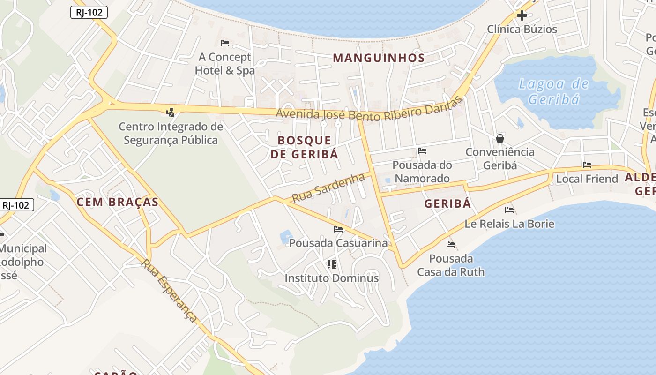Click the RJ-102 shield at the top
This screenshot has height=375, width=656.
(89, 12)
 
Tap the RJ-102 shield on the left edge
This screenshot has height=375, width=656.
(16, 205)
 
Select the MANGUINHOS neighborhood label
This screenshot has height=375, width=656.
(379, 58)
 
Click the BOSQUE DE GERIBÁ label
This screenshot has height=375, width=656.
(304, 147)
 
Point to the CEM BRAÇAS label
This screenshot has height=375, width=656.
(117, 202)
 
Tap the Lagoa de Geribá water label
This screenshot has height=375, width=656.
(554, 92)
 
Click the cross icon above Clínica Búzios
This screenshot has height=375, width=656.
(522, 15)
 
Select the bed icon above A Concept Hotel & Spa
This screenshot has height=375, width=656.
(225, 43)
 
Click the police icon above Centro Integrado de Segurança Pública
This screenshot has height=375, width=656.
(171, 112)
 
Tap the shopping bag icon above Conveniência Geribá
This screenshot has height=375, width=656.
(500, 138)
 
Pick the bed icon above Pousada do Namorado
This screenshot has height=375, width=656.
(422, 151)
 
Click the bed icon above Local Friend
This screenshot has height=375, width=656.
(587, 165)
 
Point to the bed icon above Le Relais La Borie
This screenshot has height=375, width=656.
(509, 210)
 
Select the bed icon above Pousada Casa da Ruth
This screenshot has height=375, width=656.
(451, 245)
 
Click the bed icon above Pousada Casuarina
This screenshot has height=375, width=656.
(338, 229)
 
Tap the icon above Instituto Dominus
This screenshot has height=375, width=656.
(332, 264)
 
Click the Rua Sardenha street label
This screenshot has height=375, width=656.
(328, 188)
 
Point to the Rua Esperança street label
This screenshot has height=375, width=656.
(170, 291)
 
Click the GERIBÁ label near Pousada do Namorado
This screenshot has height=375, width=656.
(447, 203)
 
